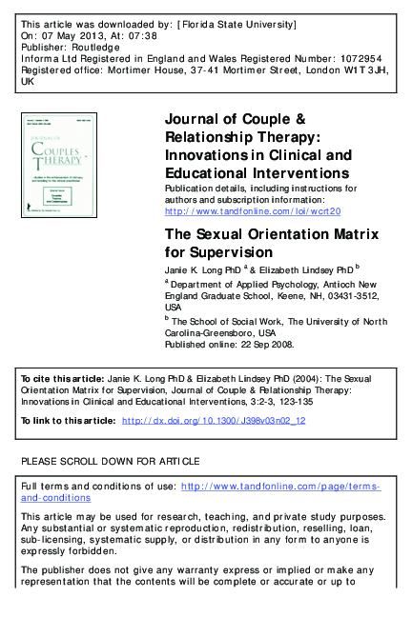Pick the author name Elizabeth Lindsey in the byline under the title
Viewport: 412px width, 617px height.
[x=299, y=271]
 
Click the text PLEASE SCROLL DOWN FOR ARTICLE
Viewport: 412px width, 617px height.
[x=111, y=461]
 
